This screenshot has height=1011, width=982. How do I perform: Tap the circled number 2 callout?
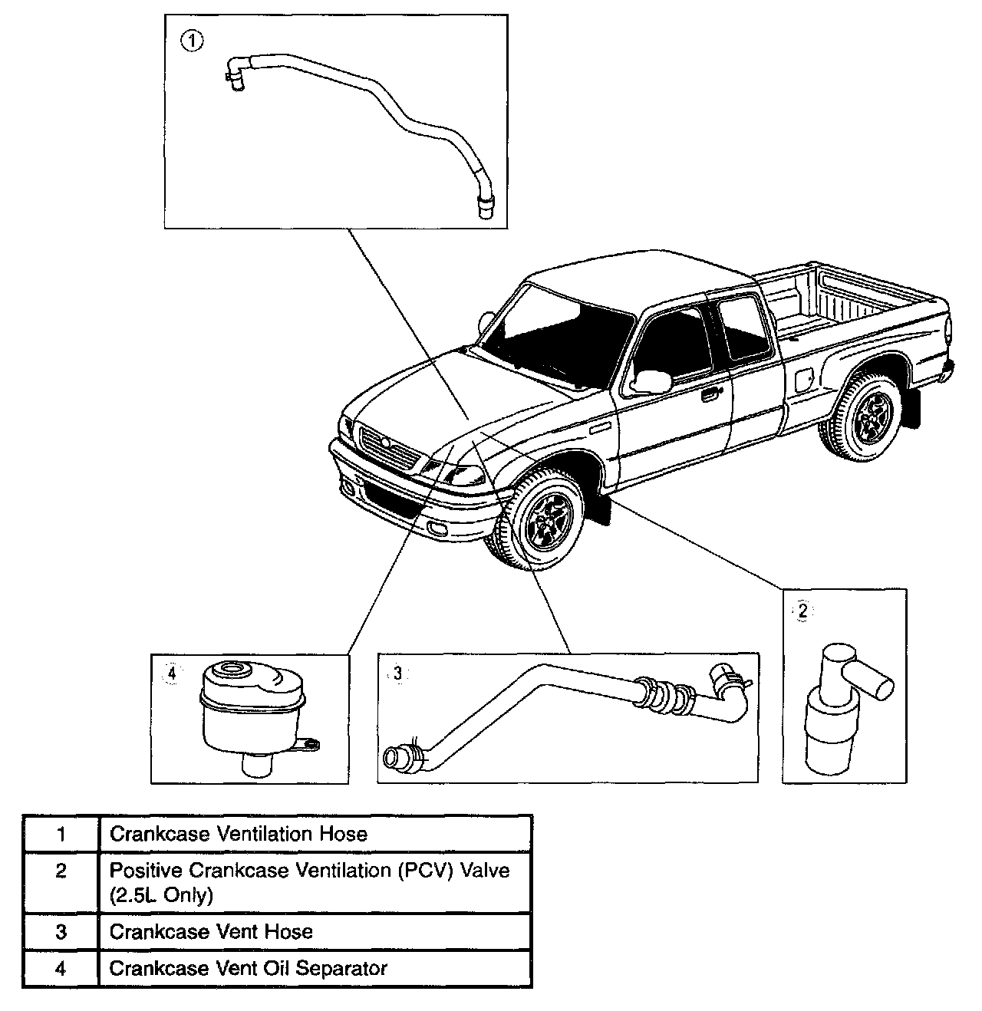[x=802, y=611]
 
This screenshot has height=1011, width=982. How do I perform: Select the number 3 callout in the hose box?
[x=397, y=673]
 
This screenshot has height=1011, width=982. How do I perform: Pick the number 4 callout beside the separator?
[x=172, y=673]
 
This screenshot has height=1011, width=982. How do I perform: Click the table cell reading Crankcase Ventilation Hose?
[x=239, y=834]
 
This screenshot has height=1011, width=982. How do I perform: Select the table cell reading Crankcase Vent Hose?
[x=211, y=931]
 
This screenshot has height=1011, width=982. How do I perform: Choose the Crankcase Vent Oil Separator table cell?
[x=248, y=968]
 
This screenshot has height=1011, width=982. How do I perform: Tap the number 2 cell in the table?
[x=61, y=871]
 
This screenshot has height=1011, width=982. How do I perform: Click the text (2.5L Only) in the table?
[x=161, y=894]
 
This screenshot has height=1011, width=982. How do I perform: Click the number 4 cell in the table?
[x=61, y=968]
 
